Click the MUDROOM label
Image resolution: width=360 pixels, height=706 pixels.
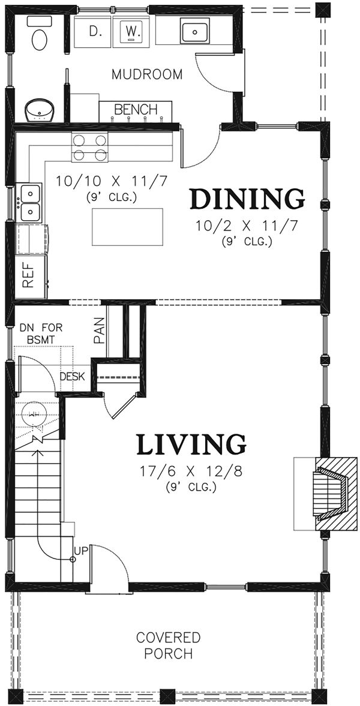click(148, 74)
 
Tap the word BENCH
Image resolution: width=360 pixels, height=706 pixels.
click(136, 109)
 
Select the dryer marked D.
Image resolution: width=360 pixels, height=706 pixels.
click(94, 32)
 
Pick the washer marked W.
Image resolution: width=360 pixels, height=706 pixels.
click(132, 32)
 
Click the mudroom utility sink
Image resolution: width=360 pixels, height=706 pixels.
click(194, 31)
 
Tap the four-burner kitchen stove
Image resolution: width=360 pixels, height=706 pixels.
click(89, 148)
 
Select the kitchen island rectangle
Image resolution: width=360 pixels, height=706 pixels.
click(128, 227)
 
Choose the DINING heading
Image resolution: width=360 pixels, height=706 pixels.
click(247, 200)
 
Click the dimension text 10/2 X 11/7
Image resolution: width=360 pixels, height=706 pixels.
click(247, 226)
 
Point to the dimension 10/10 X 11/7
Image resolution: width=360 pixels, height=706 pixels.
click(112, 182)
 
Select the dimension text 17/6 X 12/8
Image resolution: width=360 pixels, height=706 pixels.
click(191, 472)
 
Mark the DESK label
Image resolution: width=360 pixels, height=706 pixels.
click(73, 377)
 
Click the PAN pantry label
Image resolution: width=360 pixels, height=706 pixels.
click(100, 331)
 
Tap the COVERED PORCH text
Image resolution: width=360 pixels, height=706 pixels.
click(168, 645)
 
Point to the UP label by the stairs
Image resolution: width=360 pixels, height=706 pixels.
click(80, 550)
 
